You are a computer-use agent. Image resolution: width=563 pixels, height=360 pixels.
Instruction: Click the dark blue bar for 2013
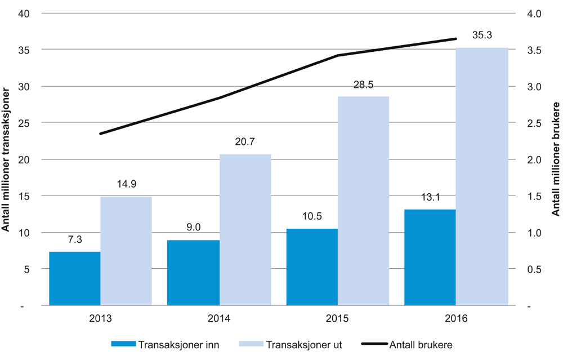point(75,278)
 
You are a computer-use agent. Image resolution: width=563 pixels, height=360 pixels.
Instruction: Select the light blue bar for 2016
point(482,176)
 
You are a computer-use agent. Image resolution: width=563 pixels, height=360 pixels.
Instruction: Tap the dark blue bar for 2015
point(312,267)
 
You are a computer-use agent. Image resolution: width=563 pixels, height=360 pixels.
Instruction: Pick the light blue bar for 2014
point(245,229)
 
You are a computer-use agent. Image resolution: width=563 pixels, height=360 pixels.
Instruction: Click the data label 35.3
point(482,35)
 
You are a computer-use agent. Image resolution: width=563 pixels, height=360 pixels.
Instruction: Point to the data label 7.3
point(75,239)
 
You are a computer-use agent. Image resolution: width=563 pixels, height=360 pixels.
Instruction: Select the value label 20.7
point(245,141)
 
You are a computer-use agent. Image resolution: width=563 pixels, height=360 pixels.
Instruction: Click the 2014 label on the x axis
point(218,318)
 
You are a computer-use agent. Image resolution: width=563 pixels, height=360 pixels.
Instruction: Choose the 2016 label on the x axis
point(455,318)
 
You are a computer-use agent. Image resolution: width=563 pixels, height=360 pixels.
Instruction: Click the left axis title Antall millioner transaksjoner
point(7,160)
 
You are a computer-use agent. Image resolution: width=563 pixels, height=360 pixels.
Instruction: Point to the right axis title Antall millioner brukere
point(556,160)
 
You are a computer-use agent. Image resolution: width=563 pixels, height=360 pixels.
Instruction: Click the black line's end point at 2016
point(455,39)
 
